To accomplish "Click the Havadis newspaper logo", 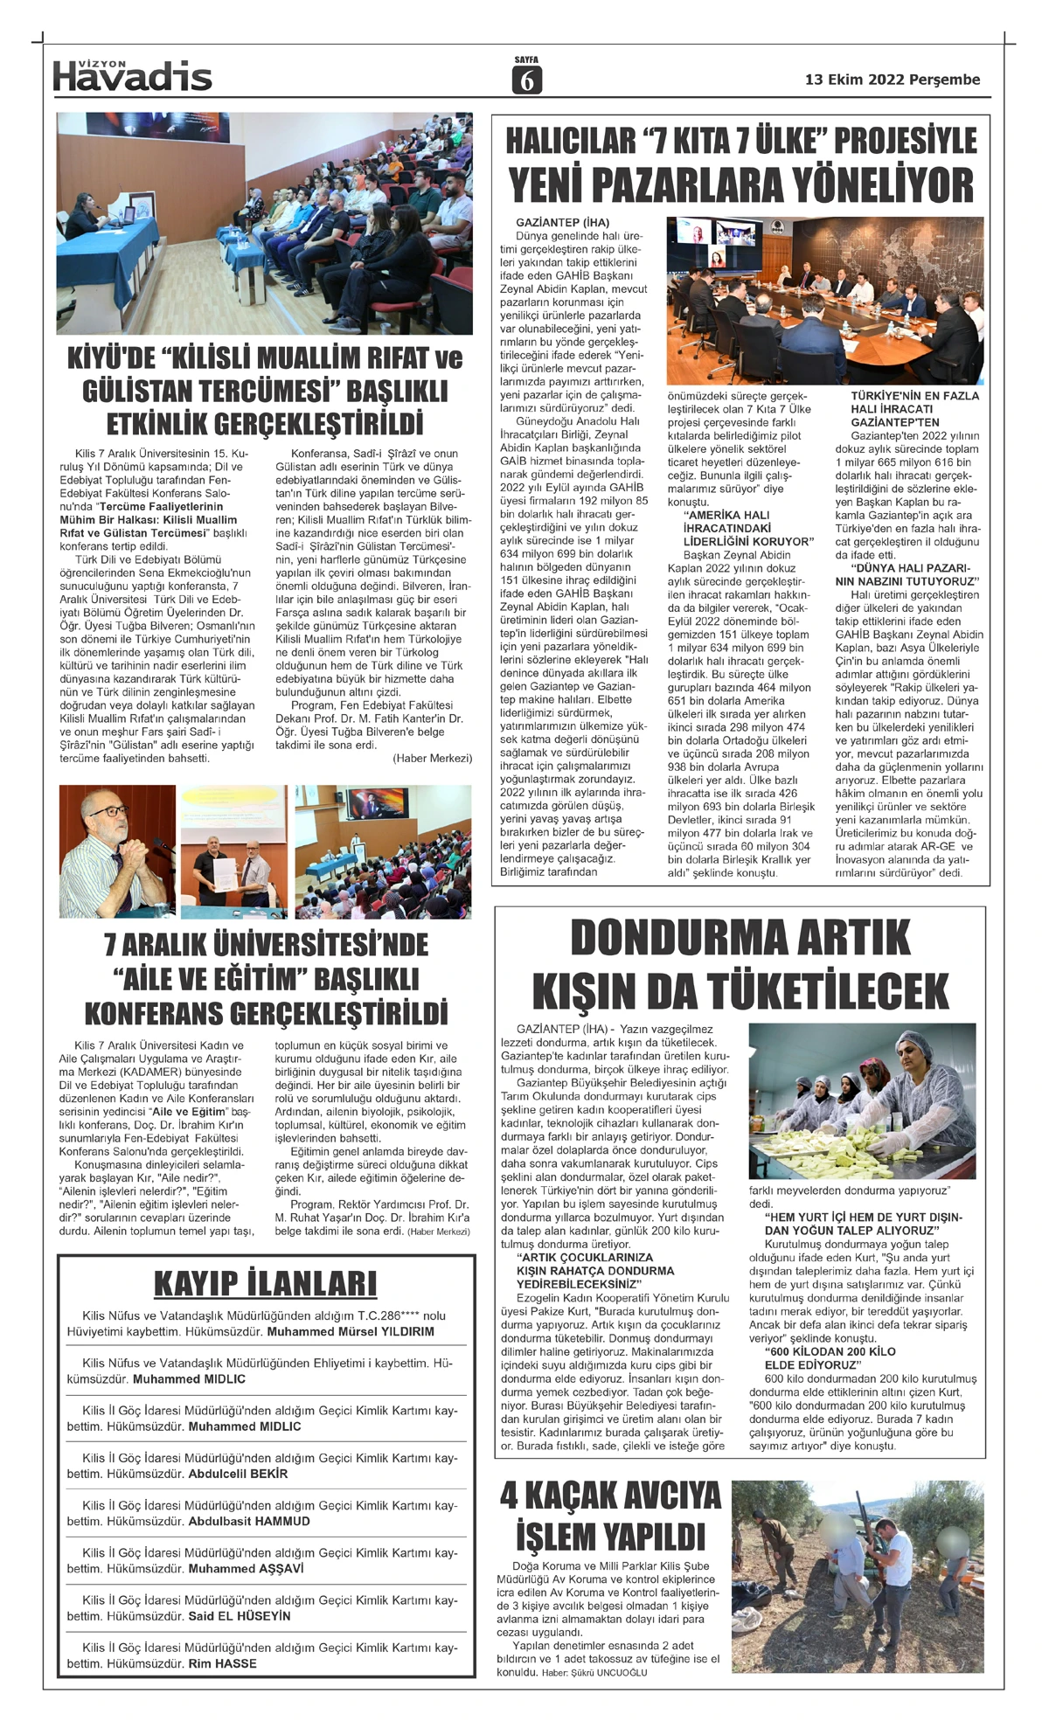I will (132, 76).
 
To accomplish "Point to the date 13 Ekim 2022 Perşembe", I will (892, 80).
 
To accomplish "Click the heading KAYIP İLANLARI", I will (265, 1283).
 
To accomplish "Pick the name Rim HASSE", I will (222, 1663).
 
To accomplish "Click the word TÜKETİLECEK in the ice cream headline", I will (827, 991).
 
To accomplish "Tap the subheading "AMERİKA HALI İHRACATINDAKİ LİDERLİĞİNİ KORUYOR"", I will (747, 528).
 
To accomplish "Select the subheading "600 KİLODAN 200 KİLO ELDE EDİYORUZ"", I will (817, 1358).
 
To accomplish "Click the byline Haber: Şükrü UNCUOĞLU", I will (594, 1673).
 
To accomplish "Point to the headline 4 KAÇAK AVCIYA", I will (610, 1496).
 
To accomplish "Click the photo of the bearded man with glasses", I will (116, 850).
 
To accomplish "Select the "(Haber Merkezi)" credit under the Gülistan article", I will (432, 758).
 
